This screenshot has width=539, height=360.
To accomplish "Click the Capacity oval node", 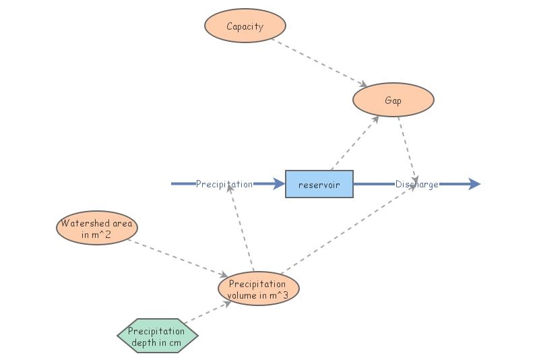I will tap(245, 27).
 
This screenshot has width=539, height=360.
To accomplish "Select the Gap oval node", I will tap(393, 100).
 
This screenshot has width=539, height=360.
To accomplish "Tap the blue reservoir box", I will tap(319, 184).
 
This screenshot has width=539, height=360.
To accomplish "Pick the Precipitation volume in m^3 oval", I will tap(258, 289).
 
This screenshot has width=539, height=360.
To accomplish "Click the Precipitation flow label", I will tap(224, 184).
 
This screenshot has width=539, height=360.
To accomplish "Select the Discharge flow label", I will tap(416, 184).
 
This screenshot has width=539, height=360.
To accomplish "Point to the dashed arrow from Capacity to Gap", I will tap(319, 63).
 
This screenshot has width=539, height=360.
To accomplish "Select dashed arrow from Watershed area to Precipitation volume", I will tap(177, 258).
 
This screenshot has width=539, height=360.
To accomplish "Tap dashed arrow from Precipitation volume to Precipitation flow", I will tap(241, 229).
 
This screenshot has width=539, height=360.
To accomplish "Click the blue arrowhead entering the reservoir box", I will tap(279, 184).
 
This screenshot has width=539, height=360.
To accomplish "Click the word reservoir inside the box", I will tap(319, 185).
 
